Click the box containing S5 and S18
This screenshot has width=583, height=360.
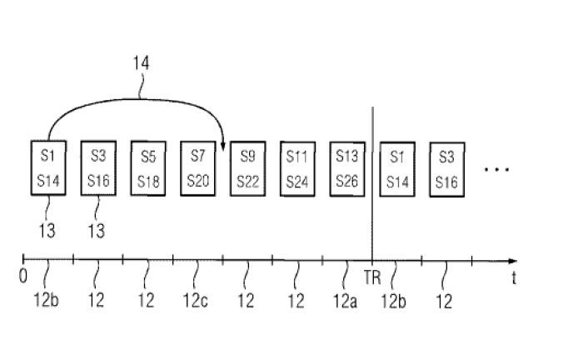pyautogui.click(x=148, y=168)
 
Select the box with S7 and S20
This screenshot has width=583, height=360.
pyautogui.click(x=198, y=168)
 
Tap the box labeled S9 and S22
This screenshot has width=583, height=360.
pyautogui.click(x=248, y=169)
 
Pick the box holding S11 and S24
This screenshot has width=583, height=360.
pyautogui.click(x=297, y=169)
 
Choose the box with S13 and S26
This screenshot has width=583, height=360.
pyautogui.click(x=347, y=169)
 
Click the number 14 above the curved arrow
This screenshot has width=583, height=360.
pyautogui.click(x=142, y=63)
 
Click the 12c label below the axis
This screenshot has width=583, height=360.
pyautogui.click(x=195, y=301)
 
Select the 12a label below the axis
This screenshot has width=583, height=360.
pyautogui.click(x=345, y=301)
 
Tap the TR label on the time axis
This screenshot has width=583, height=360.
pyautogui.click(x=372, y=277)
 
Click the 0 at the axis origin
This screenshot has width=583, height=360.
pyautogui.click(x=23, y=277)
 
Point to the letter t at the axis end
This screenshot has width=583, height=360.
pyautogui.click(x=514, y=277)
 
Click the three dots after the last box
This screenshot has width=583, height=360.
pyautogui.click(x=496, y=170)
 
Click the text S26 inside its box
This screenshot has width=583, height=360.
pyautogui.click(x=347, y=182)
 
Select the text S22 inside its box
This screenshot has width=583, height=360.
pyautogui.click(x=247, y=182)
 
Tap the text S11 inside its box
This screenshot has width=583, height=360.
pyautogui.click(x=296, y=157)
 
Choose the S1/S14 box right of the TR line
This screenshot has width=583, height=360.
pyautogui.click(x=397, y=169)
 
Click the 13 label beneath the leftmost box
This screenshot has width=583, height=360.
pyautogui.click(x=47, y=231)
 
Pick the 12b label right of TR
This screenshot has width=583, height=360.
pyautogui.click(x=393, y=301)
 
